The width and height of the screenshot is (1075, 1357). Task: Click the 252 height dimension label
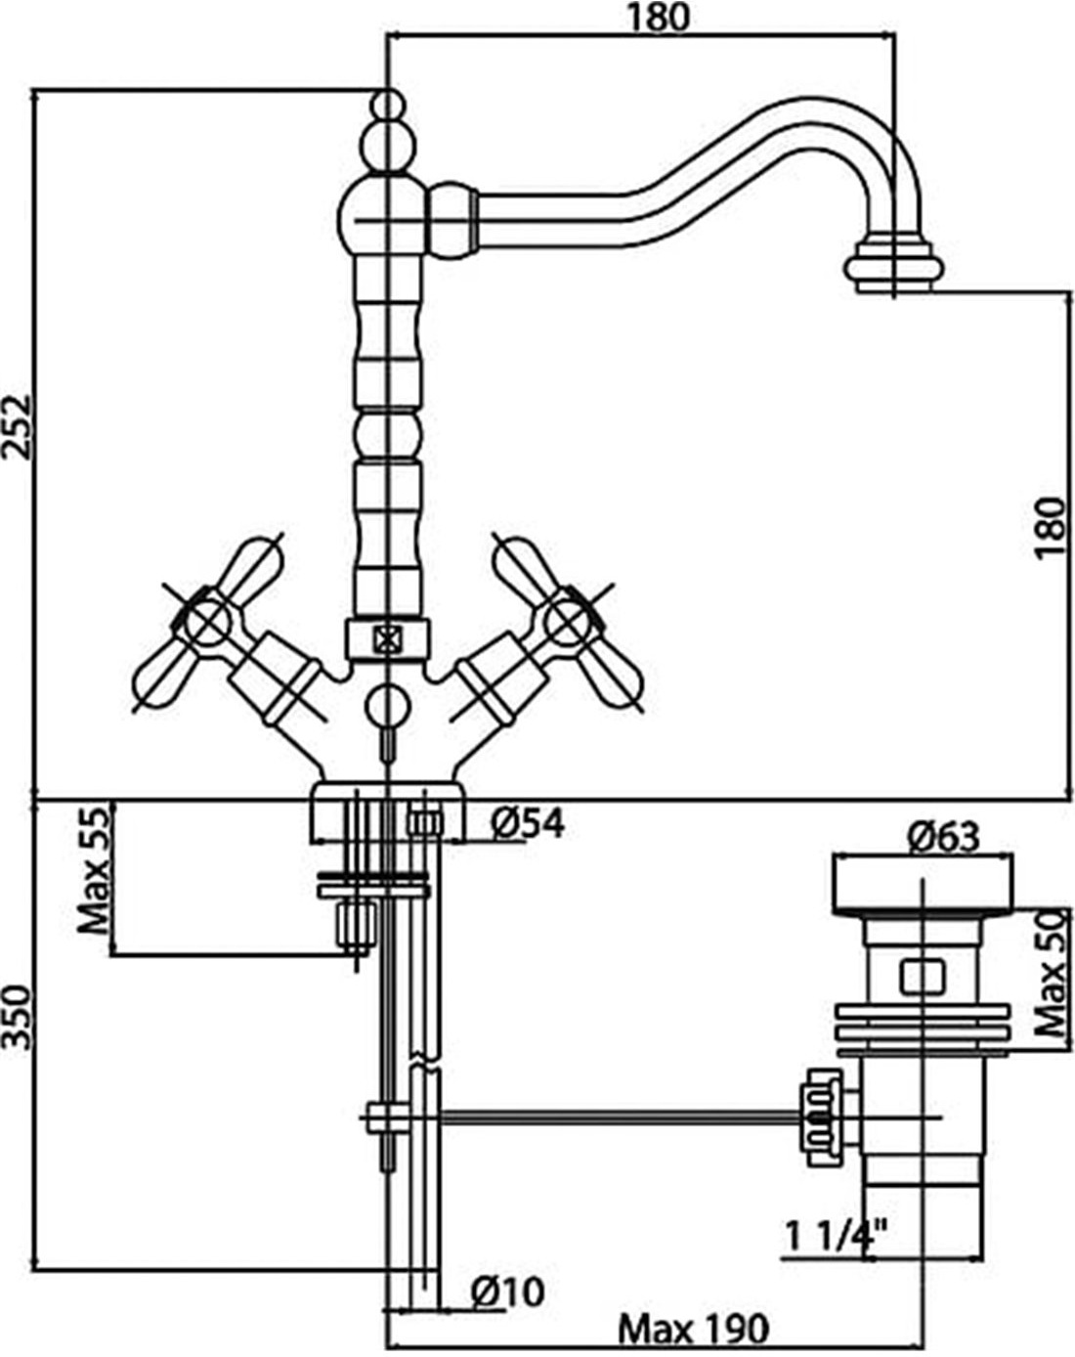click(17, 426)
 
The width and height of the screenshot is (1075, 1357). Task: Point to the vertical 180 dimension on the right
click(1050, 527)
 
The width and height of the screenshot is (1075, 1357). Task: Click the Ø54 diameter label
click(527, 824)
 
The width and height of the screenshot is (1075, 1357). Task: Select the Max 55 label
click(93, 872)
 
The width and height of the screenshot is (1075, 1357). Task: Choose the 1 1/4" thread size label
click(836, 1236)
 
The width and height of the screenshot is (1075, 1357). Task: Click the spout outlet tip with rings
click(894, 267)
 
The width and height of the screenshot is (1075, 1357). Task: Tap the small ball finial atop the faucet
click(387, 105)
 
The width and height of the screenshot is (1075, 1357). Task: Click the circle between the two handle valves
click(387, 705)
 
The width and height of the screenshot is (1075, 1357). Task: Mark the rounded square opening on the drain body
click(923, 977)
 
